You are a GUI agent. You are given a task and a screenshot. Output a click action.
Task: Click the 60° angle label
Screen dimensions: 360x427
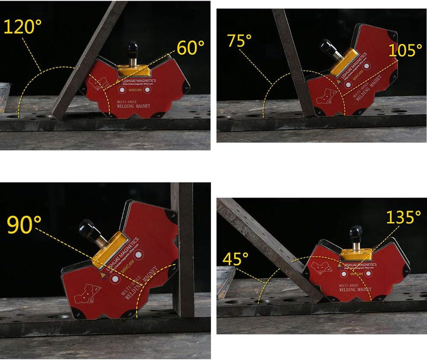(190, 48)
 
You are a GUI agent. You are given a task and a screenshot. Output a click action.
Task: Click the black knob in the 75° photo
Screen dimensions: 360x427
(326, 46)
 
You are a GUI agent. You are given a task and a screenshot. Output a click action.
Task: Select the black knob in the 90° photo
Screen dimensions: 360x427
(85, 229)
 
